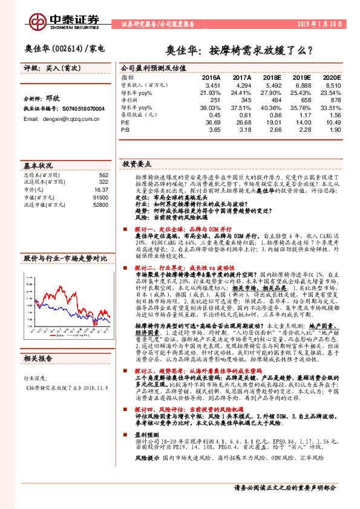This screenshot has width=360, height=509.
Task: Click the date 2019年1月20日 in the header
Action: click(322, 25)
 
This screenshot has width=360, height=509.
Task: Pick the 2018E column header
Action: click(273, 78)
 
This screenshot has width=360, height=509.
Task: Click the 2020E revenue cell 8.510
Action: click(333, 86)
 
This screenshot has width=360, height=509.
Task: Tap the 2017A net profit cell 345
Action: click(245, 100)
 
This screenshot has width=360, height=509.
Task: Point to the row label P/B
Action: click(126, 129)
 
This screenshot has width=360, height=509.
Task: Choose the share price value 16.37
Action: click(101, 189)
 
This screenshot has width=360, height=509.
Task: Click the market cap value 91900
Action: click(100, 197)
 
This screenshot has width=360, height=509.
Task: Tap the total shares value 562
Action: click(103, 175)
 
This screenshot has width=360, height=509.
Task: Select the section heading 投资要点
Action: click(137, 164)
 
